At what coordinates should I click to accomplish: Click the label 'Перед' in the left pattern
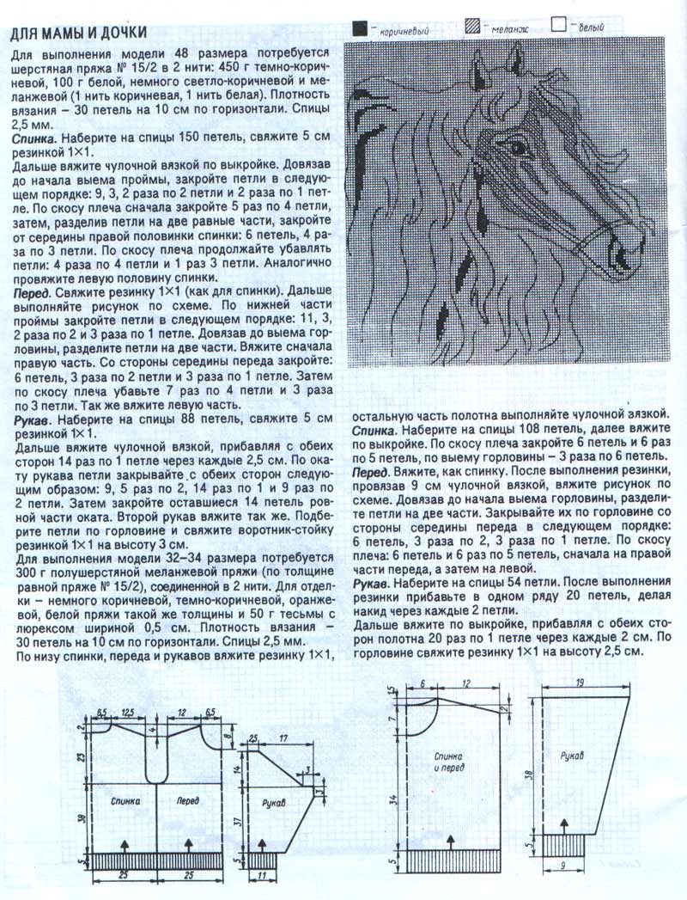188,799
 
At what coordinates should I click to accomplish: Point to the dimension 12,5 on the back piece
130,712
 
